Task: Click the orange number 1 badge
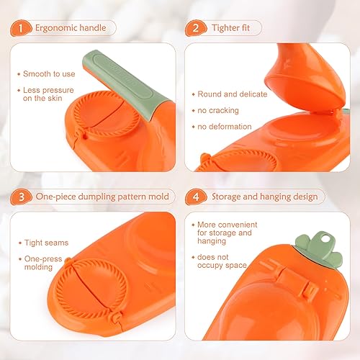click(21, 28)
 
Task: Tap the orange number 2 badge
click(196, 28)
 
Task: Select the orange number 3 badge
click(21, 197)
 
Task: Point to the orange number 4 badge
click(196, 197)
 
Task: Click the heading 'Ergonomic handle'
click(71, 28)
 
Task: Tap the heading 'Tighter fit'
click(230, 28)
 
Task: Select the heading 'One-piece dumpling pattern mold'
click(102, 197)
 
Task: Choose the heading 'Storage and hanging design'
click(264, 197)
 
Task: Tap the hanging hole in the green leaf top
click(325, 239)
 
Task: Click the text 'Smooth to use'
click(49, 74)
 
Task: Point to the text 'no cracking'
click(218, 110)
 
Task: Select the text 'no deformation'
click(225, 127)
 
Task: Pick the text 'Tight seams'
click(46, 243)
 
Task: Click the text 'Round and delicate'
click(233, 94)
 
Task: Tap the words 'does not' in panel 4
click(213, 257)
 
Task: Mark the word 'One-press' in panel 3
click(43, 258)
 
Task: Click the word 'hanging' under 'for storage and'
click(212, 241)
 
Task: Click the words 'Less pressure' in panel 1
click(48, 90)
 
